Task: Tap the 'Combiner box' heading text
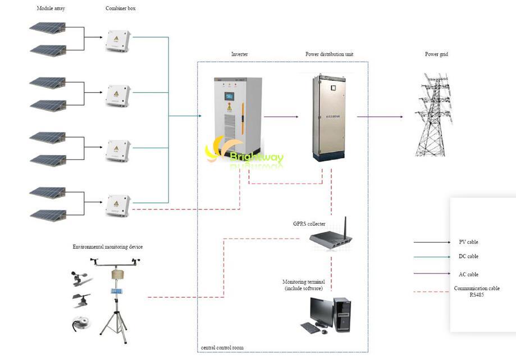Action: (120, 9)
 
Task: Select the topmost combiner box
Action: (118, 40)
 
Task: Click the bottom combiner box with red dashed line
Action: (118, 206)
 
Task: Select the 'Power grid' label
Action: (436, 54)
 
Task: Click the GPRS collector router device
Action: (331, 239)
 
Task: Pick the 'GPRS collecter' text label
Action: (309, 224)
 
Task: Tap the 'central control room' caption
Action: (222, 348)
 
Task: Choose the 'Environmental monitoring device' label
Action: (107, 247)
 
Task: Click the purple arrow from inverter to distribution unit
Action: (281, 117)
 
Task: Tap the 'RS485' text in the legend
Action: (477, 295)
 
